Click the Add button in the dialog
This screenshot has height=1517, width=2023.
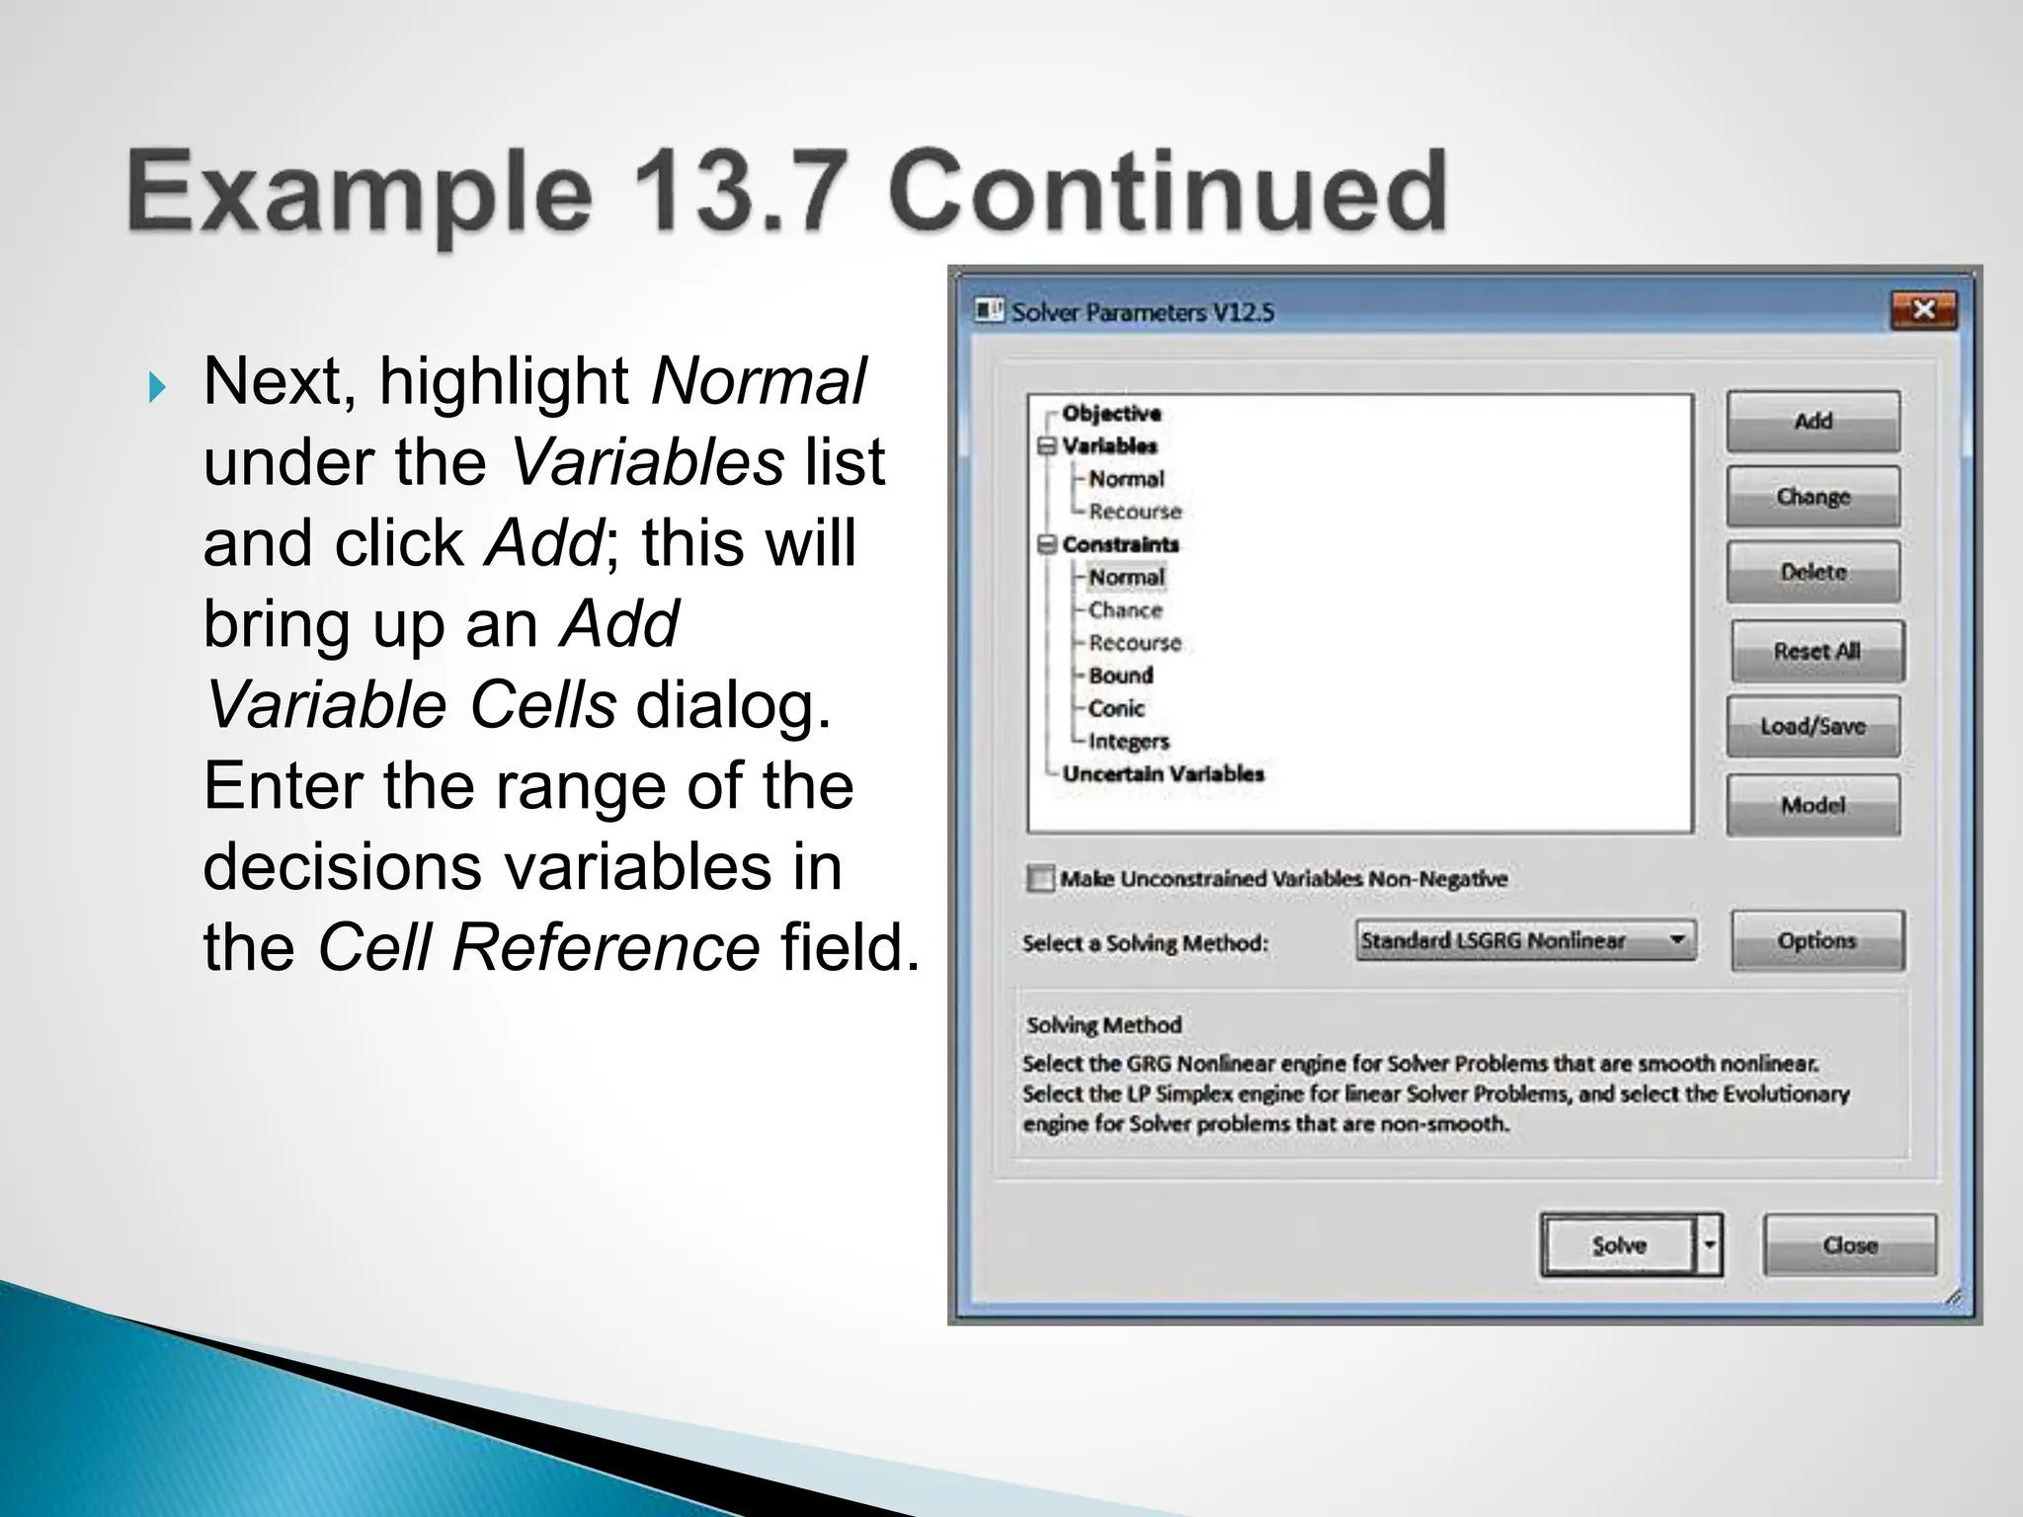pyautogui.click(x=1813, y=422)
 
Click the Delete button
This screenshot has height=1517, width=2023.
pyautogui.click(x=1813, y=572)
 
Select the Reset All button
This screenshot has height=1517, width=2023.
pyautogui.click(x=1817, y=651)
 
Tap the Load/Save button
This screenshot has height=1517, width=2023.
pyautogui.click(x=1813, y=726)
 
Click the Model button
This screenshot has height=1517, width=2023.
pyautogui.click(x=1813, y=805)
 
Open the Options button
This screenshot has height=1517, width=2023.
pyautogui.click(x=1817, y=940)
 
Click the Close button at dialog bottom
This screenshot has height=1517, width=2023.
pyautogui.click(x=1849, y=1245)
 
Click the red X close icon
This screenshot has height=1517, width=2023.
pyautogui.click(x=1923, y=310)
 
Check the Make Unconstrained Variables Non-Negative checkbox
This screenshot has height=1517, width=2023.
pyautogui.click(x=1040, y=878)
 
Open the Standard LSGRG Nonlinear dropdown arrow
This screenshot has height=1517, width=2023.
pyautogui.click(x=1677, y=939)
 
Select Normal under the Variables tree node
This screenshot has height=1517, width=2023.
pyautogui.click(x=1126, y=479)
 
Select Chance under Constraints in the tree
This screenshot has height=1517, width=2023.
pyautogui.click(x=1125, y=610)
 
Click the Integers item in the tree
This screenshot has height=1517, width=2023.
pyautogui.click(x=1128, y=741)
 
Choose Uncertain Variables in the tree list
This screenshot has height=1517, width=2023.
pyautogui.click(x=1163, y=773)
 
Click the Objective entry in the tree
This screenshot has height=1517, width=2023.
pyautogui.click(x=1111, y=413)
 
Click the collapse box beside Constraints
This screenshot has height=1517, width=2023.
pyautogui.click(x=1047, y=544)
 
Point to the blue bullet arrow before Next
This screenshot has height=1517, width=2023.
pyautogui.click(x=157, y=388)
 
